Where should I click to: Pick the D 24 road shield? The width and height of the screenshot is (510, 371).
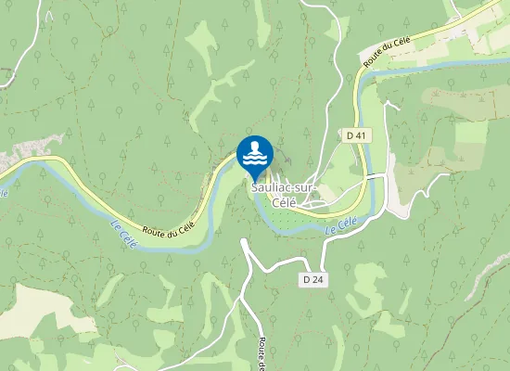[x=312, y=278]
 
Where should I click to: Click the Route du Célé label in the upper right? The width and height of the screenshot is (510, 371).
[x=388, y=45]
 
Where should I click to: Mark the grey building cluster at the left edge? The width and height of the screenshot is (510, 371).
[x=32, y=147]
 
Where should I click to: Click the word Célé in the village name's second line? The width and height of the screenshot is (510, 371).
[x=283, y=201]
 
